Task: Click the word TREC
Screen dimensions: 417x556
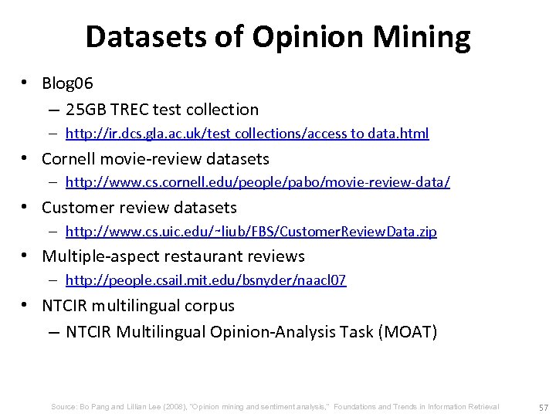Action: point(132,110)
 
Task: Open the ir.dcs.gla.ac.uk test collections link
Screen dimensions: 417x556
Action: point(247,134)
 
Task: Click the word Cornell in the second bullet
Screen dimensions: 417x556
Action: point(69,159)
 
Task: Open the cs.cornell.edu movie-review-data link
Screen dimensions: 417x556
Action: point(258,183)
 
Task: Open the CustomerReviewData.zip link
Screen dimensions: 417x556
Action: point(251,232)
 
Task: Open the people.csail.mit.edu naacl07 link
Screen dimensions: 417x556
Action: point(205,280)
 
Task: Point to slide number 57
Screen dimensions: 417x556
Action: point(542,407)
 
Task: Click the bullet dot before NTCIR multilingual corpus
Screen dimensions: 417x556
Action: point(26,304)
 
